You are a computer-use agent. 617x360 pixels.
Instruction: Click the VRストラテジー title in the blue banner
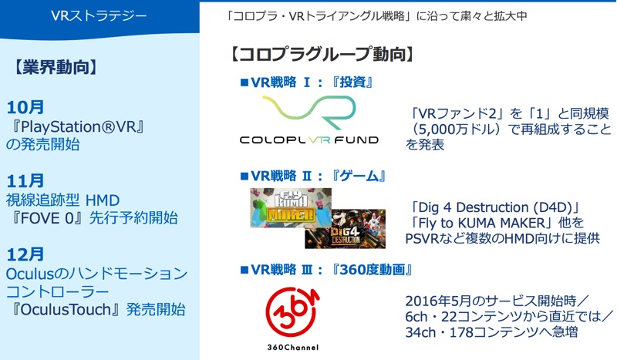pos(99,15)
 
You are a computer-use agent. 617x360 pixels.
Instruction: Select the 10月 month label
pos(25,107)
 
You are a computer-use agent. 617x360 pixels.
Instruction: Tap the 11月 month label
pos(25,181)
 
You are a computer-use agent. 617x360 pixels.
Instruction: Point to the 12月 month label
pos(25,254)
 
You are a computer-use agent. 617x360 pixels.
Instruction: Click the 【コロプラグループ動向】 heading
pos(322,54)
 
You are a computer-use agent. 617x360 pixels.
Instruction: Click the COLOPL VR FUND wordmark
pos(309,140)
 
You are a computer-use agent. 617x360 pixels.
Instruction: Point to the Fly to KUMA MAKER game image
pos(291,207)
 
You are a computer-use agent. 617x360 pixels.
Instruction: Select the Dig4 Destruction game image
pos(345,229)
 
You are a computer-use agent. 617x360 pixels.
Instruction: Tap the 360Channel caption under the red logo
pos(293,347)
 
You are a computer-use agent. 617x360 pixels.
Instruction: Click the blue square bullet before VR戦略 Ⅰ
pos(244,82)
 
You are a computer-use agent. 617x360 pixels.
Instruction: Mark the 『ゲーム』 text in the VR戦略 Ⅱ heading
pos(359,176)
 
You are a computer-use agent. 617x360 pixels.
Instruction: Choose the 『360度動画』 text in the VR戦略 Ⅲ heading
pos(372,270)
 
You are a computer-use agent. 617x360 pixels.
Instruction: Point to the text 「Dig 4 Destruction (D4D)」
pos(495,207)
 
